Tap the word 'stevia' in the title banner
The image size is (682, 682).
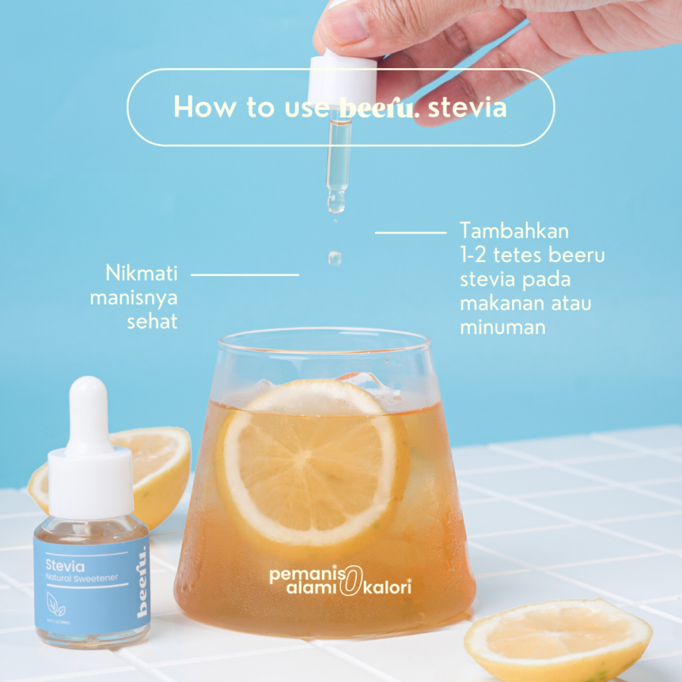[x=467, y=108]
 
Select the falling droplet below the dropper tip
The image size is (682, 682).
[x=334, y=258]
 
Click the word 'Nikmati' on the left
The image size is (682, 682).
[x=141, y=273]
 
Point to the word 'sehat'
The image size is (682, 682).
[x=152, y=321]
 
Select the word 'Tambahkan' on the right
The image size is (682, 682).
[x=514, y=230]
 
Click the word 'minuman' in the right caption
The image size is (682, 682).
[x=502, y=327]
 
